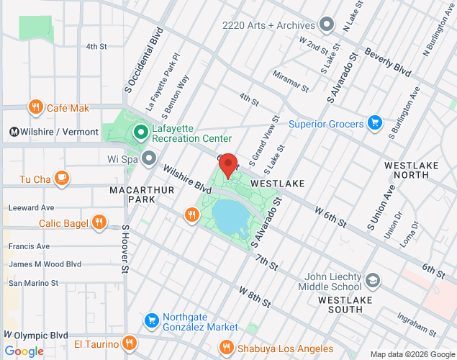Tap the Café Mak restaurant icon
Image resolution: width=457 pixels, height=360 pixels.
pyautogui.click(x=35, y=108)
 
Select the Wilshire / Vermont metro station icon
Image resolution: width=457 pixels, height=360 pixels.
pyautogui.click(x=14, y=132)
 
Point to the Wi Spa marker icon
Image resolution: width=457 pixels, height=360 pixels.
pyautogui.click(x=149, y=158)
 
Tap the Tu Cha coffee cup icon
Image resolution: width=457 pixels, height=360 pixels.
pyautogui.click(x=62, y=179)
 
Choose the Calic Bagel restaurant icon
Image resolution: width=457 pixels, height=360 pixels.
pyautogui.click(x=99, y=222)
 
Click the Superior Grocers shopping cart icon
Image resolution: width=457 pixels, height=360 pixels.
pyautogui.click(x=374, y=124)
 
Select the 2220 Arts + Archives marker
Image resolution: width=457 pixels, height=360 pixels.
pyautogui.click(x=327, y=25)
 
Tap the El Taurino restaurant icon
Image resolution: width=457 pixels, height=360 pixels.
pyautogui.click(x=129, y=342)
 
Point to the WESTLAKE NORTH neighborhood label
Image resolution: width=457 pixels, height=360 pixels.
pyautogui.click(x=412, y=170)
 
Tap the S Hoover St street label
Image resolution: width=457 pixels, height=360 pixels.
pyautogui.click(x=124, y=249)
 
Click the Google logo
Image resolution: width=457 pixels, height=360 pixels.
pyautogui.click(x=24, y=351)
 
